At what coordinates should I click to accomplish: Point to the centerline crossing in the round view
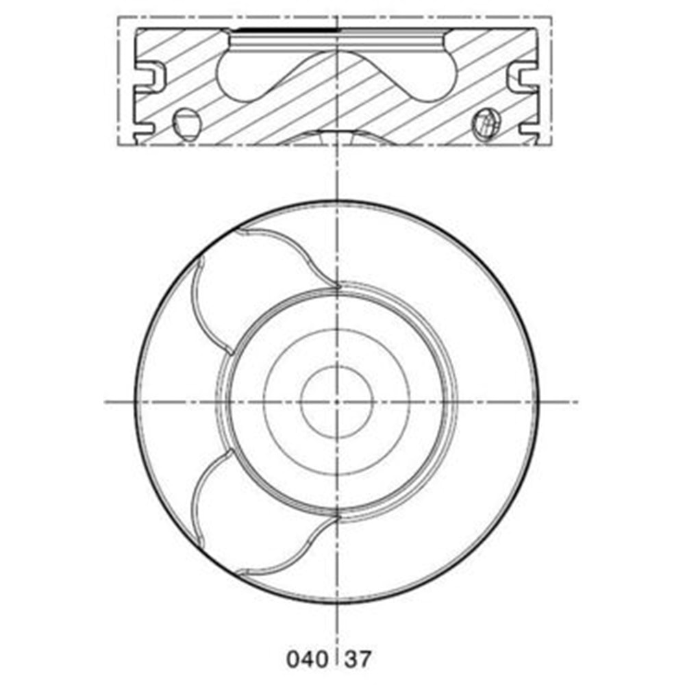click(337, 401)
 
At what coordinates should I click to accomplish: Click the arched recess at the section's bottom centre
click(337, 136)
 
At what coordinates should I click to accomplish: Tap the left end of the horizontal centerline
click(106, 401)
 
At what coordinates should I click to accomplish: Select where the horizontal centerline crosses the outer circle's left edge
click(135, 401)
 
